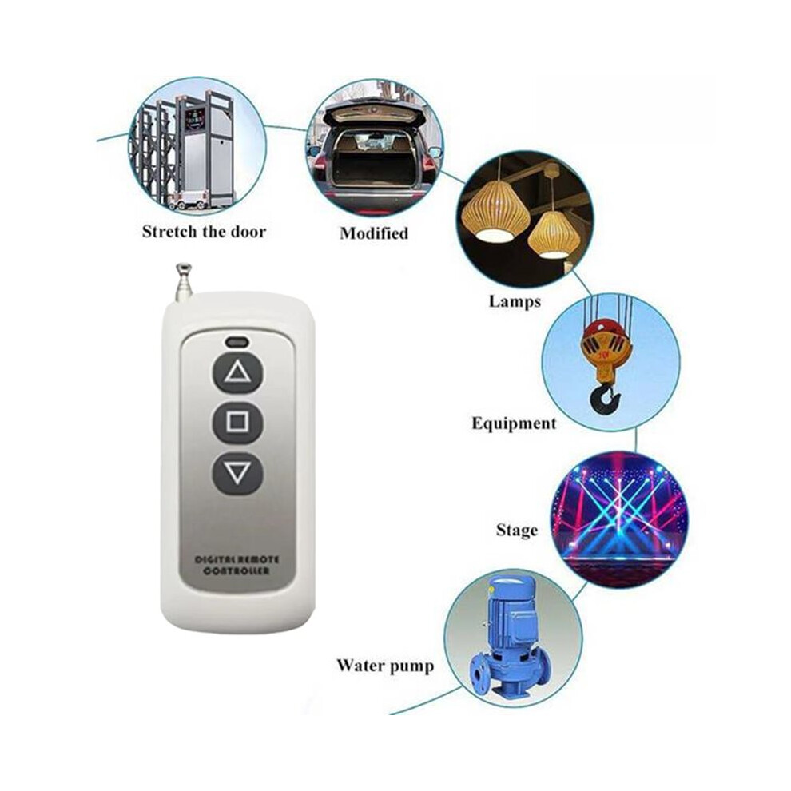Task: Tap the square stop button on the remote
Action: (x=238, y=422)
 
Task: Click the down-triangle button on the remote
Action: (x=238, y=474)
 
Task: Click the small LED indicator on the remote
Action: (x=237, y=341)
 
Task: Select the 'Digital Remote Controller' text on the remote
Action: (x=237, y=565)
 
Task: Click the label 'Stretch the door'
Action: (x=204, y=232)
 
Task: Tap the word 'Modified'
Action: (x=374, y=233)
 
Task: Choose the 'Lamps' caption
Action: (x=515, y=302)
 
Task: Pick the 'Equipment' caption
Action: (x=514, y=423)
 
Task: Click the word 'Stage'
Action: (x=517, y=531)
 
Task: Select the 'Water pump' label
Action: (x=385, y=666)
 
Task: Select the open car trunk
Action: (x=376, y=151)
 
